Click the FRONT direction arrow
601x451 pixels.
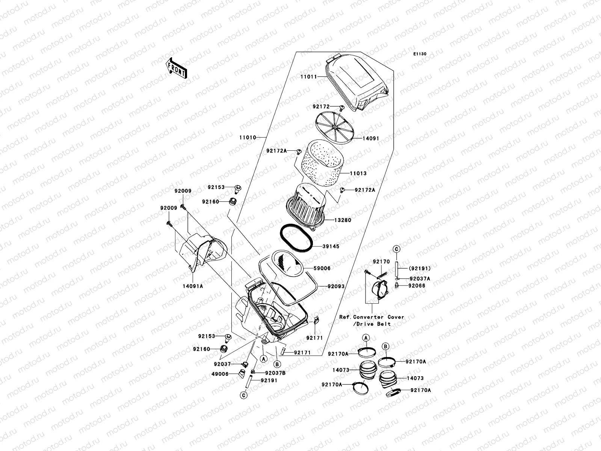click(176, 68)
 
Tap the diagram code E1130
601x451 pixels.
click(420, 54)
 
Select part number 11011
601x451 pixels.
click(308, 77)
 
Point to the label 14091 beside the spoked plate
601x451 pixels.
click(370, 138)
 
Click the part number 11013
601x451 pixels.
click(358, 174)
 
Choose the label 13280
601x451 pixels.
click(342, 220)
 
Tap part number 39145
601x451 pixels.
click(331, 247)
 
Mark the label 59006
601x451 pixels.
click(322, 268)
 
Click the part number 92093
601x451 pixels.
click(336, 286)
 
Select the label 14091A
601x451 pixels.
click(193, 286)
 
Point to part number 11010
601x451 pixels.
click(247, 138)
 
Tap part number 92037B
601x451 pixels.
click(275, 373)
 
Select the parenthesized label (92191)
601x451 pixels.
click(420, 269)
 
